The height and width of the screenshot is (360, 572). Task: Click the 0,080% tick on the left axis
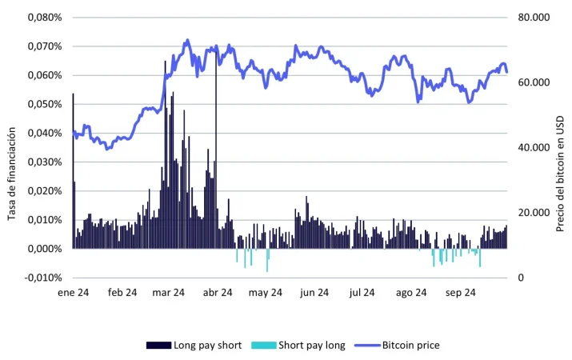tap(45, 17)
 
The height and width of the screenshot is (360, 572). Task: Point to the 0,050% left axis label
tap(45, 104)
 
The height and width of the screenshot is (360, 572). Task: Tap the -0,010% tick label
tap(43, 278)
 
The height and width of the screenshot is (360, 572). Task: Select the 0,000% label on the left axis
tap(45, 249)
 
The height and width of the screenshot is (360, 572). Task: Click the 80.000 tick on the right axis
tap(534, 17)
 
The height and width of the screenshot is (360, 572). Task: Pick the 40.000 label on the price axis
tap(534, 148)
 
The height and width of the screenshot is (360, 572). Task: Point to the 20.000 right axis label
tap(534, 213)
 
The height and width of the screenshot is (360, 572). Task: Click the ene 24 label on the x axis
tap(72, 293)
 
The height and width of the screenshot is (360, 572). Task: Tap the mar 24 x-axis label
tap(168, 293)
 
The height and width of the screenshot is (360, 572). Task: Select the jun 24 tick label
tap(314, 293)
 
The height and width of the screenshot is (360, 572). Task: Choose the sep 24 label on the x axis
tap(460, 293)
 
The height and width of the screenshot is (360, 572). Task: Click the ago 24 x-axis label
tap(411, 293)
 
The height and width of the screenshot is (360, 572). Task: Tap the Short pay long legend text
tap(312, 346)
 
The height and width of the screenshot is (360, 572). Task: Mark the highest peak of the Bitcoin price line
tap(186, 40)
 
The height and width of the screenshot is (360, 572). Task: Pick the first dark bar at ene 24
tap(73, 172)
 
